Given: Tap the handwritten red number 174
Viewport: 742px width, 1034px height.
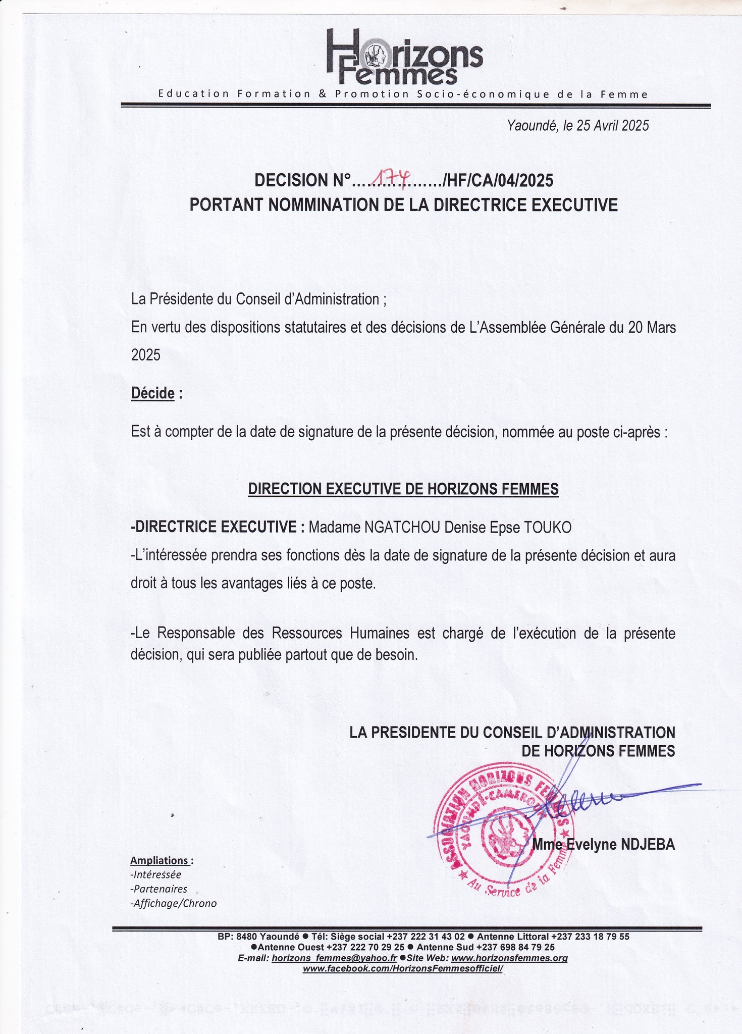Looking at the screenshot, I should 390,178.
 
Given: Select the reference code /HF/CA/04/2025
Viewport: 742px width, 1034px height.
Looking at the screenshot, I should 497,180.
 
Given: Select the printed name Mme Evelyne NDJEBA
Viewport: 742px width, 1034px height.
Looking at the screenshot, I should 604,845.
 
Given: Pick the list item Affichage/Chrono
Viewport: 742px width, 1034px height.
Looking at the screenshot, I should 174,903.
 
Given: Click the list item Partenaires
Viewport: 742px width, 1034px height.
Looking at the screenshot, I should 158,889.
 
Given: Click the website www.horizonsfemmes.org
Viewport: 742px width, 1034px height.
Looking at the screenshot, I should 509,958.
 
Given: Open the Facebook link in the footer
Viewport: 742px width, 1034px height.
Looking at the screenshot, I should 403,968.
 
